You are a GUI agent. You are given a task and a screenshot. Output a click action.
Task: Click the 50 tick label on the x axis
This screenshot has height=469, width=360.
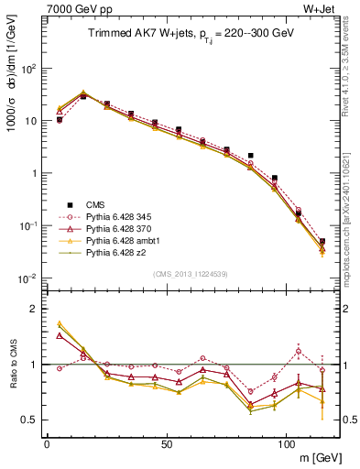click(x=166, y=444)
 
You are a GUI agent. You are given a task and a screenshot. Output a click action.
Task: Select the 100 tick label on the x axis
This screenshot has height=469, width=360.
click(x=286, y=444)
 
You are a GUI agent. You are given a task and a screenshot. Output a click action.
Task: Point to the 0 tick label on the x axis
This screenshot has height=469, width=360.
click(x=47, y=444)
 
